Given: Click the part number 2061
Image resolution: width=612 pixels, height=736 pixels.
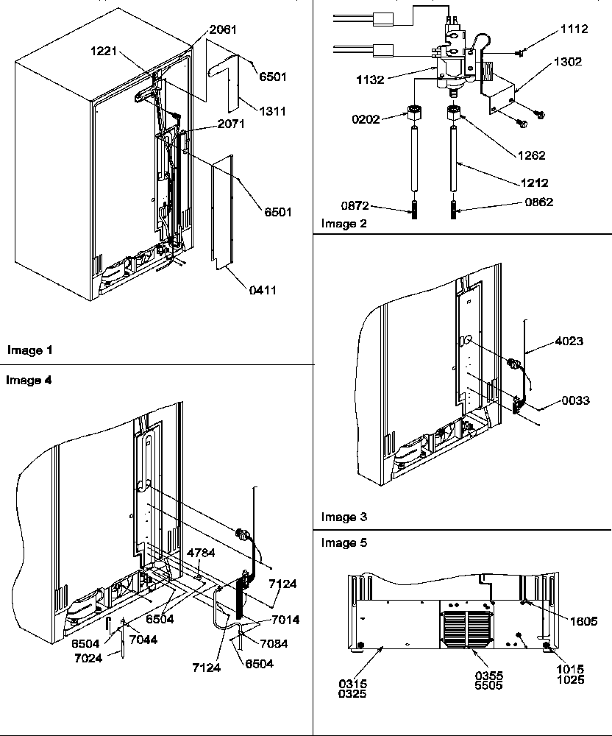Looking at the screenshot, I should coord(224,29).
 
